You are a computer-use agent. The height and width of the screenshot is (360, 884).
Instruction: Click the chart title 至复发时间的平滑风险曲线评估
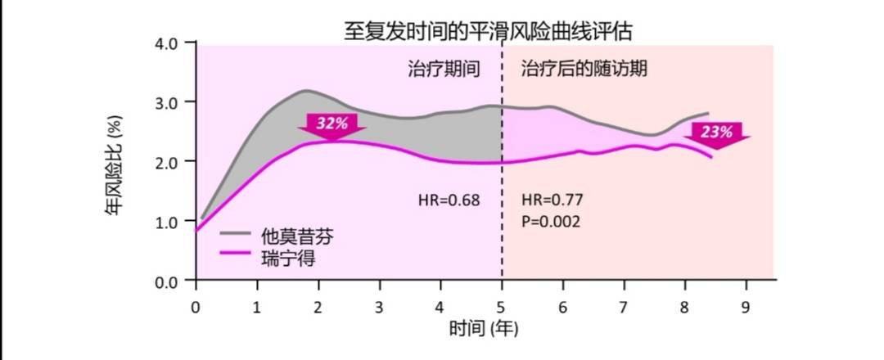click(x=488, y=32)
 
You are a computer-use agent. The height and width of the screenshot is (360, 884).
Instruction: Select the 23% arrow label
click(x=717, y=131)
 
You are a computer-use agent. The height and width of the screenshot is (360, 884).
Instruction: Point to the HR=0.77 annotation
click(x=552, y=199)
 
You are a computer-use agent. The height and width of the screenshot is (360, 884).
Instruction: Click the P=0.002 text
click(x=551, y=221)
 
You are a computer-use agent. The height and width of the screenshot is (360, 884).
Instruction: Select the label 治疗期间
click(x=443, y=69)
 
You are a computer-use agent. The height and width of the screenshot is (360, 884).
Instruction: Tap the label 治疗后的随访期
click(x=584, y=69)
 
